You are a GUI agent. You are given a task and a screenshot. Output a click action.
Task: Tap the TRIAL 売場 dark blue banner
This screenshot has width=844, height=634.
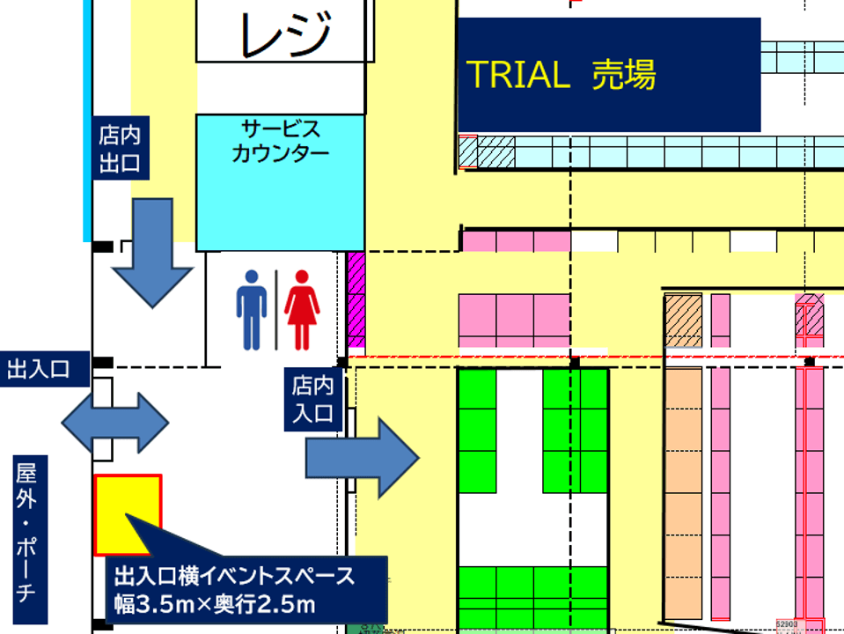pyautogui.click(x=608, y=76)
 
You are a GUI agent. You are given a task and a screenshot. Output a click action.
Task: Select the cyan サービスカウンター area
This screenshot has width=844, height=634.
pyautogui.click(x=280, y=182)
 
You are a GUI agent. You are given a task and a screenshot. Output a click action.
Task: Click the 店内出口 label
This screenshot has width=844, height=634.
pyautogui.click(x=120, y=150)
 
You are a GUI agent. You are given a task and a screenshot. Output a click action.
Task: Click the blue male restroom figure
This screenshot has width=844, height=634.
pyautogui.click(x=252, y=309)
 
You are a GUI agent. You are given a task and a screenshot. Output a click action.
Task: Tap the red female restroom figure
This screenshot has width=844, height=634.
pyautogui.click(x=302, y=309)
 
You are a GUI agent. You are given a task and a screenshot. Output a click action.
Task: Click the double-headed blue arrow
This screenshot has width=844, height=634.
pyautogui.click(x=114, y=423)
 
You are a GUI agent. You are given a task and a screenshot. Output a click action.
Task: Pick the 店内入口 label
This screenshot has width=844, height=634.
pyautogui.click(x=314, y=399)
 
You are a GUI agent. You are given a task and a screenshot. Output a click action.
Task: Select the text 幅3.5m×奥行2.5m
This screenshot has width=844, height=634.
pyautogui.click(x=215, y=605)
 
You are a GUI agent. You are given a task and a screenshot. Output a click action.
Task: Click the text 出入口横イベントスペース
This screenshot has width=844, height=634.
pyautogui.click(x=234, y=577)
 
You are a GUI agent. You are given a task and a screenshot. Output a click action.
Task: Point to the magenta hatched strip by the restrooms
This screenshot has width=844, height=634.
pyautogui.click(x=356, y=300)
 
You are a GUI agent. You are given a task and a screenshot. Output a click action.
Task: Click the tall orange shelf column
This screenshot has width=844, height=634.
pyautogui.click(x=683, y=493)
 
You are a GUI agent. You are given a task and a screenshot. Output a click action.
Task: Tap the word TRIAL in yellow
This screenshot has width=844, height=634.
pyautogui.click(x=517, y=76)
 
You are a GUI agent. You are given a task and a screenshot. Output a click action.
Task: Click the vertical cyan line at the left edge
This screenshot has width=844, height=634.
pyautogui.click(x=87, y=119)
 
